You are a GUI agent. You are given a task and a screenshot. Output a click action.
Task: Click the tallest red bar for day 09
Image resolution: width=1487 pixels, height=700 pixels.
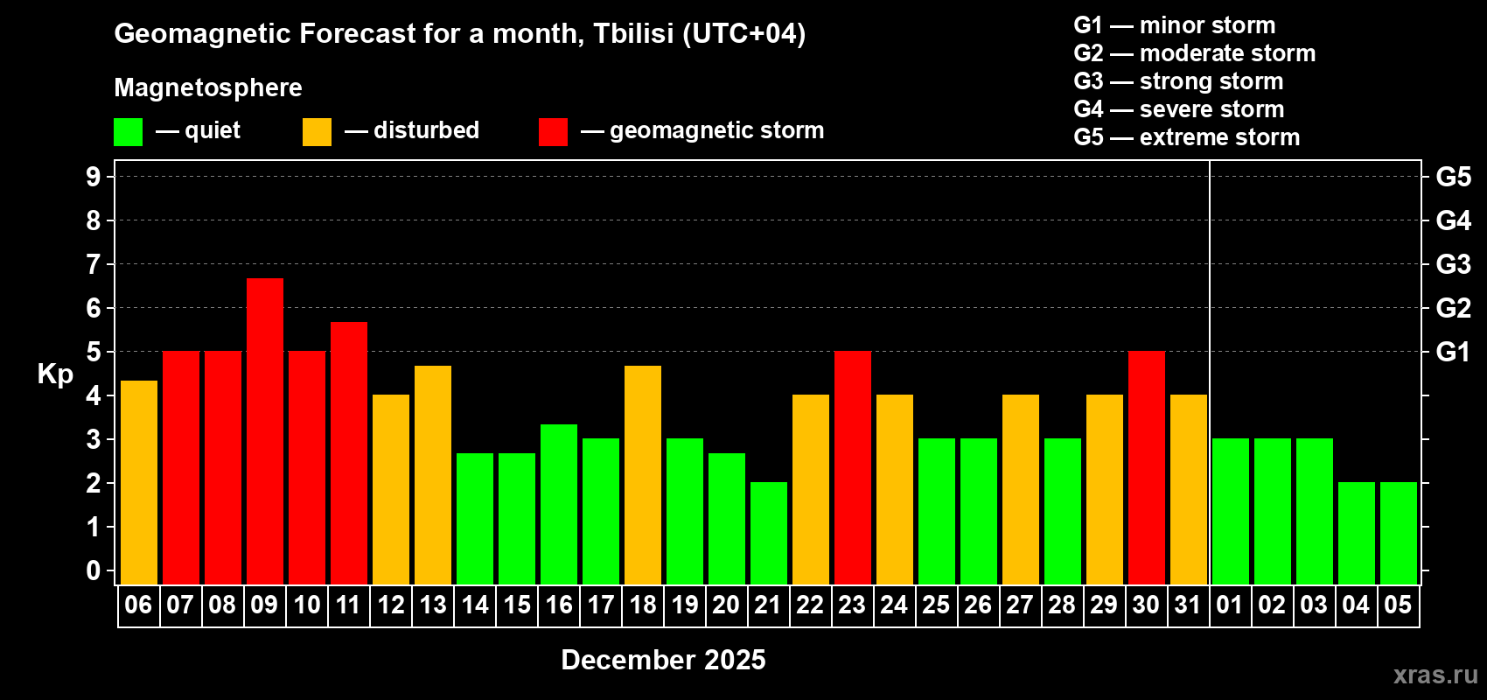(x=265, y=430)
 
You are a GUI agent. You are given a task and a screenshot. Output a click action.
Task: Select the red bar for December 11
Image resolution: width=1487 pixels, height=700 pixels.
(x=349, y=452)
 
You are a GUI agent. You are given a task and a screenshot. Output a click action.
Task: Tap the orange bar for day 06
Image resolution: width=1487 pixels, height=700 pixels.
(x=139, y=482)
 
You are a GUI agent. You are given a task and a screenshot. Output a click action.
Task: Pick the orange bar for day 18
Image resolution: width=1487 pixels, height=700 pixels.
(x=643, y=474)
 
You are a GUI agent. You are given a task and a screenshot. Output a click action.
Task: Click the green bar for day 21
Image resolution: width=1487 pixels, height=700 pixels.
(x=769, y=533)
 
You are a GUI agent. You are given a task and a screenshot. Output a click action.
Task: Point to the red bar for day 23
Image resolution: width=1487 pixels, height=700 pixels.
(x=853, y=467)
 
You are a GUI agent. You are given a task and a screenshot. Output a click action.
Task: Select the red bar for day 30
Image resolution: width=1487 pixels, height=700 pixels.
(x=1147, y=467)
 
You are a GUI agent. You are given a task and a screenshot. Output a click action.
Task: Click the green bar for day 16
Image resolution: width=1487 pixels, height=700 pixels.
(x=559, y=504)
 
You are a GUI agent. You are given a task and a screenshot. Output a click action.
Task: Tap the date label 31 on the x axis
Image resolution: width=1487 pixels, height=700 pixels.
(x=1188, y=605)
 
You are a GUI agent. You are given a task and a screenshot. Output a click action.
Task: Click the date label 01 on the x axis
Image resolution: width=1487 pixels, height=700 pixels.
(x=1230, y=605)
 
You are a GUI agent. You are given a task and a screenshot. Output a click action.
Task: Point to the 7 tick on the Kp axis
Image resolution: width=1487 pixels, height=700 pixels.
(x=94, y=264)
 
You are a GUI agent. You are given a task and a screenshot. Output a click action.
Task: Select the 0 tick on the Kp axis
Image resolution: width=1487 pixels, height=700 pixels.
(x=94, y=570)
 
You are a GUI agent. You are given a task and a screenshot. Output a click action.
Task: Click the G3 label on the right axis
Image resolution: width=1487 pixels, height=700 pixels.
(x=1453, y=264)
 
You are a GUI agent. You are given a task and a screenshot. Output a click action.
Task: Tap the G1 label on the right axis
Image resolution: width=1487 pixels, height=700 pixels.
(x=1453, y=352)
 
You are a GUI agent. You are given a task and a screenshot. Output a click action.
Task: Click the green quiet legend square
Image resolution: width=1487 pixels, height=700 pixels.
(x=129, y=132)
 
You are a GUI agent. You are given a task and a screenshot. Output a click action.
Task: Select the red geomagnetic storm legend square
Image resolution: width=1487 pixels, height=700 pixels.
(x=553, y=132)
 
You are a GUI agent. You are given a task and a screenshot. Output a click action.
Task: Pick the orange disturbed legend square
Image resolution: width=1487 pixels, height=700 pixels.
(x=317, y=132)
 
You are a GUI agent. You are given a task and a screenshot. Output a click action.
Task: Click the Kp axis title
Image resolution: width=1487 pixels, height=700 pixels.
(x=55, y=374)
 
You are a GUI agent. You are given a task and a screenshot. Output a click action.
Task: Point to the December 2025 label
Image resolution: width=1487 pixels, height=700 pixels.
(x=663, y=660)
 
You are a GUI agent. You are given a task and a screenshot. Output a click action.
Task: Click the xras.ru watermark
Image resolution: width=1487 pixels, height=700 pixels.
(x=1435, y=675)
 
